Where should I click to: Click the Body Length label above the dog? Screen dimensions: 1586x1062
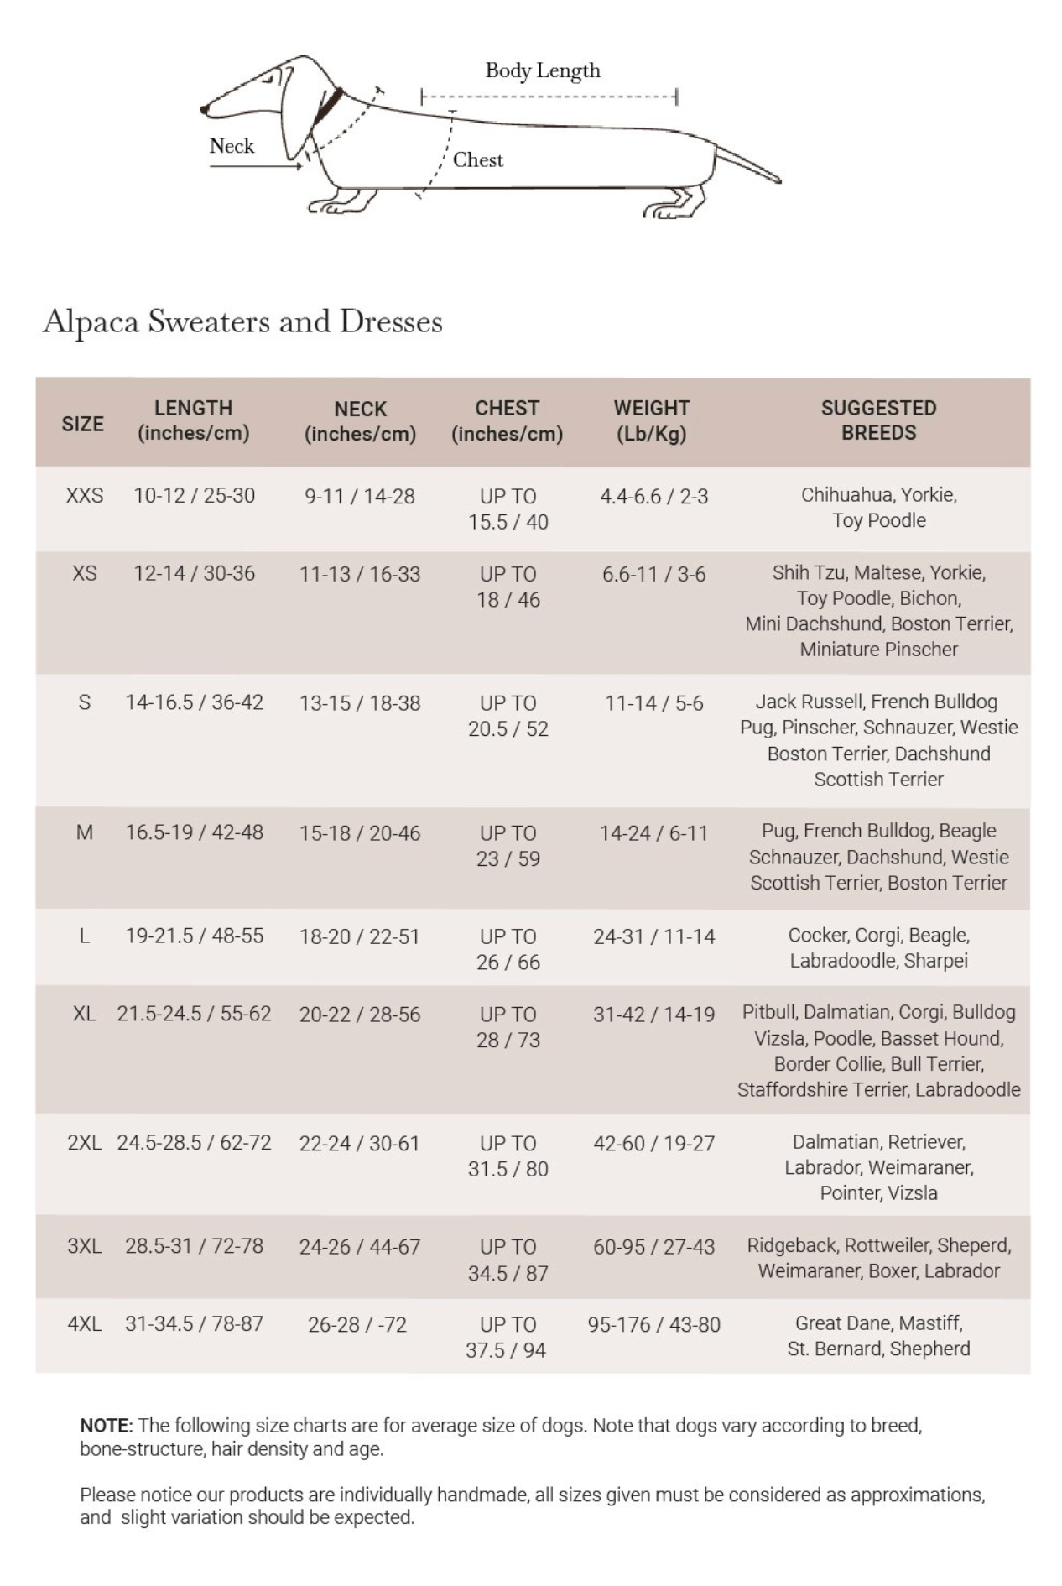[543, 70]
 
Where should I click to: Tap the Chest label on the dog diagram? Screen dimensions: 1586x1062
[478, 159]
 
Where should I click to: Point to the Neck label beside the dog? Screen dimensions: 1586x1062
[232, 146]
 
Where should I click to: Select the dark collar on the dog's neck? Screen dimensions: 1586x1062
[328, 107]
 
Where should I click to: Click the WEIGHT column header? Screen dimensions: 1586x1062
[652, 420]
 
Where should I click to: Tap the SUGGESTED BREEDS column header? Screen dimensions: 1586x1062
[878, 420]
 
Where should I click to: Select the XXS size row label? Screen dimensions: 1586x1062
[85, 495]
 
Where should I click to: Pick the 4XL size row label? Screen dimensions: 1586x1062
[85, 1323]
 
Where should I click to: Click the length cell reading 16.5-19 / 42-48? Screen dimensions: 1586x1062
[194, 832]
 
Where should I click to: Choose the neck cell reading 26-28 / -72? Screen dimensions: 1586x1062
[357, 1324]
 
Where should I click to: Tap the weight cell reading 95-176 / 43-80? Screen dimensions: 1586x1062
[653, 1324]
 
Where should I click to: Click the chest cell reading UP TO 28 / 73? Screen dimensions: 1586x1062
[508, 1027]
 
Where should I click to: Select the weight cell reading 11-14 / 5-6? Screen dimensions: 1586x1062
[653, 703]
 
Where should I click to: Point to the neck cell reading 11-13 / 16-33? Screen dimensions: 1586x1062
[360, 574]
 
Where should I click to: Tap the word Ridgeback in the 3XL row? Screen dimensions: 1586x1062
[791, 1245]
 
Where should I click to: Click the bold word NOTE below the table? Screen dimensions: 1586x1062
[106, 1425]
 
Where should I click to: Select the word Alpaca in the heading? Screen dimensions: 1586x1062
[91, 322]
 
